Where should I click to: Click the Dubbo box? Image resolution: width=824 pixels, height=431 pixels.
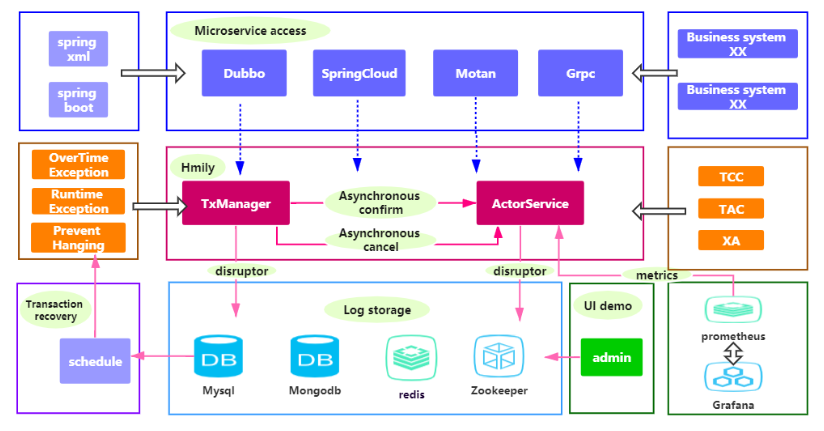[243, 73]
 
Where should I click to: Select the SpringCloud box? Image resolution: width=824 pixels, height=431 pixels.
[359, 73]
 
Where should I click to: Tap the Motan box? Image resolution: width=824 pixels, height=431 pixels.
[475, 73]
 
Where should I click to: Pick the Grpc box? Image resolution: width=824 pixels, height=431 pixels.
[580, 73]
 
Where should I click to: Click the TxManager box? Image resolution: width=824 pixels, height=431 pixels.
[236, 204]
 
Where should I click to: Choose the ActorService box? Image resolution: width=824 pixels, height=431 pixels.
[530, 204]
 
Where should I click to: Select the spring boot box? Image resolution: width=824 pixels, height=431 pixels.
[78, 99]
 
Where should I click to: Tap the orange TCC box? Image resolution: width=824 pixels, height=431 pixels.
[731, 177]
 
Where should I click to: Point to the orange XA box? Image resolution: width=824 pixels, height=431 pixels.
[731, 240]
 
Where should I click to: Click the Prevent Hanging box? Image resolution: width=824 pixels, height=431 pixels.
[78, 238]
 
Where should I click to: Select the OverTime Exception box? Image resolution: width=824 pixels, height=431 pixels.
[78, 165]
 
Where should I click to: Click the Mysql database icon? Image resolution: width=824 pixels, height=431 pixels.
[217, 356]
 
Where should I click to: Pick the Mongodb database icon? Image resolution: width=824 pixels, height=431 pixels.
[314, 356]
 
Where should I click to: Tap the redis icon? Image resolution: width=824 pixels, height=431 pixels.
[409, 356]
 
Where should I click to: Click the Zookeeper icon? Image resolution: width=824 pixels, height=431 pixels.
[498, 356]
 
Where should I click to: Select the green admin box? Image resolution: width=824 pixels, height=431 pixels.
[611, 356]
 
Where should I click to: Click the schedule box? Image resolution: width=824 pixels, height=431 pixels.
[95, 361]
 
